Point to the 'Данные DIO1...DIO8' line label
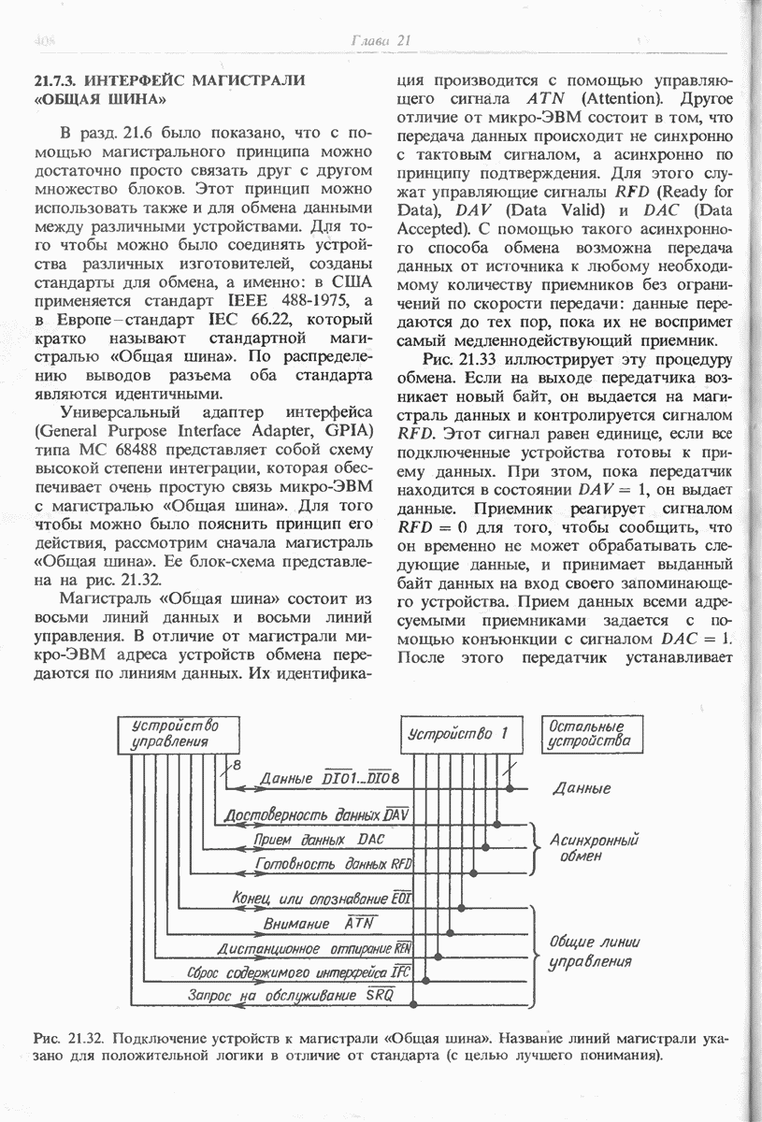point(329,778)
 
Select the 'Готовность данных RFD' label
point(335,864)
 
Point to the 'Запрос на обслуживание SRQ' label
point(292,995)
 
